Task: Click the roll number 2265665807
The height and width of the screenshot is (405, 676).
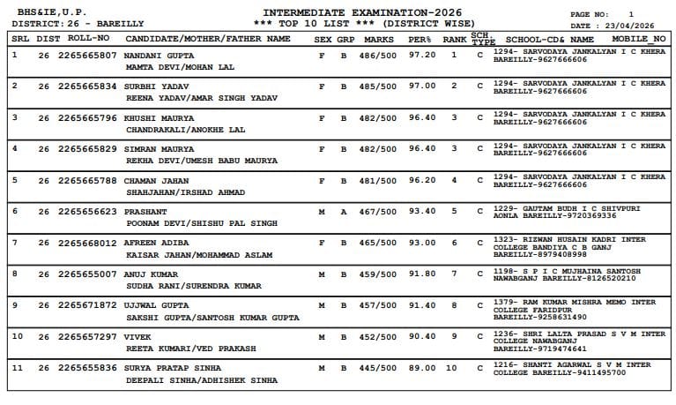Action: pos(87,55)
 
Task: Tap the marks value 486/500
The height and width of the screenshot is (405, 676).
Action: pos(379,55)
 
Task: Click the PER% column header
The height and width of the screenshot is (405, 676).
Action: pos(420,40)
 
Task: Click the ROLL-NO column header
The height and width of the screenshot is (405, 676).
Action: pos(88,40)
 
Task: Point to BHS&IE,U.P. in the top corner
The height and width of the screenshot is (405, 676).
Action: pos(44,11)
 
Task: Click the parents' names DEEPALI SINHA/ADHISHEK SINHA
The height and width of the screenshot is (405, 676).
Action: pos(202,380)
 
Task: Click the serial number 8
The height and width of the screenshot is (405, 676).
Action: pos(14,274)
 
